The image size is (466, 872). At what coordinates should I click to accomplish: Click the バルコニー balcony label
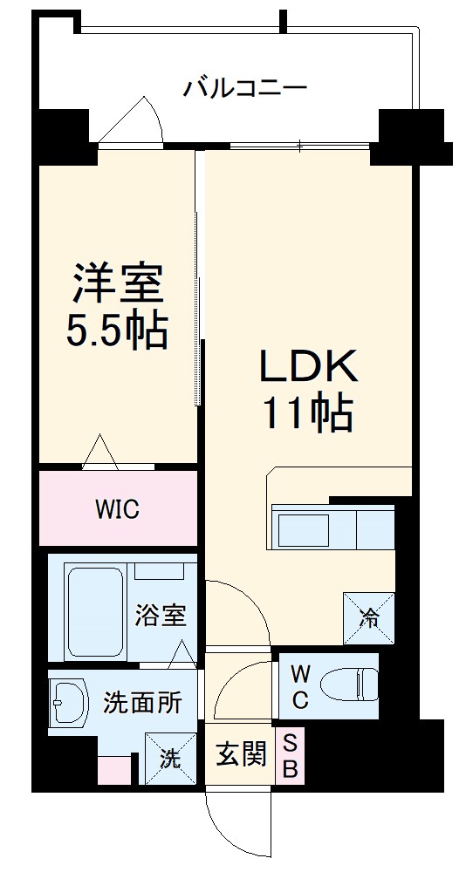coord(244,89)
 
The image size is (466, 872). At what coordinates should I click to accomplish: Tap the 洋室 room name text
coord(118,283)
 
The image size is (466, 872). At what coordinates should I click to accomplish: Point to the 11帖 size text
coord(307,413)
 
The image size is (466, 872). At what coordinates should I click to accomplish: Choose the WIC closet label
coord(117,509)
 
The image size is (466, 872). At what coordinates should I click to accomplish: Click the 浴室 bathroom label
coord(160,616)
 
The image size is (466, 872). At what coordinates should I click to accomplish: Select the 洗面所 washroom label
coord(142,702)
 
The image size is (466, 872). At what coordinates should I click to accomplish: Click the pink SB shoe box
coord(291,756)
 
